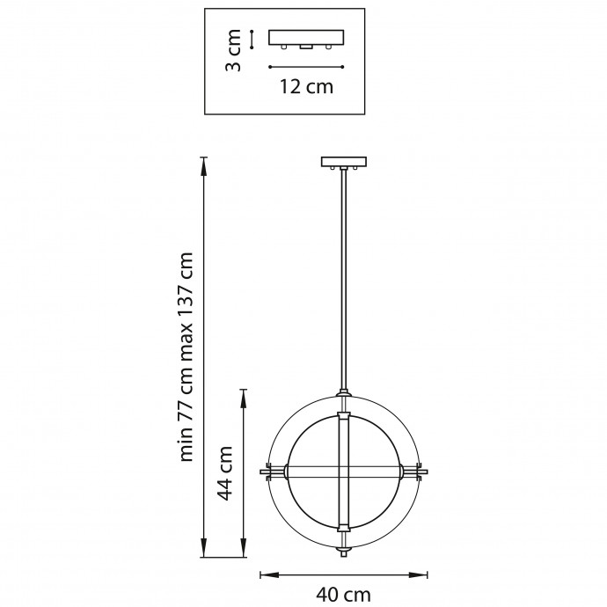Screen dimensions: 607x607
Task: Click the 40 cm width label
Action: pos(343,594)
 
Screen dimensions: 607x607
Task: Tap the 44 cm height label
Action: pos(224,472)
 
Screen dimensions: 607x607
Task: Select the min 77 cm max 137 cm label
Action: pos(186,356)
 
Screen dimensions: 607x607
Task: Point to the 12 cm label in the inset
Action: pos(306,87)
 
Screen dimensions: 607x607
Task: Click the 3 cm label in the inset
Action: pos(233,50)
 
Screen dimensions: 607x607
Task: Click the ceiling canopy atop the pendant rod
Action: pos(344,162)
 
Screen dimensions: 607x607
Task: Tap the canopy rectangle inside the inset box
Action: pos(306,38)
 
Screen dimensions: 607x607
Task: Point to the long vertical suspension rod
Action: pos(344,279)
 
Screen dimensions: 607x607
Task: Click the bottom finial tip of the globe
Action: pos(343,554)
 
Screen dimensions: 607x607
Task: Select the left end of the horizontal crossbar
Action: pos(261,472)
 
